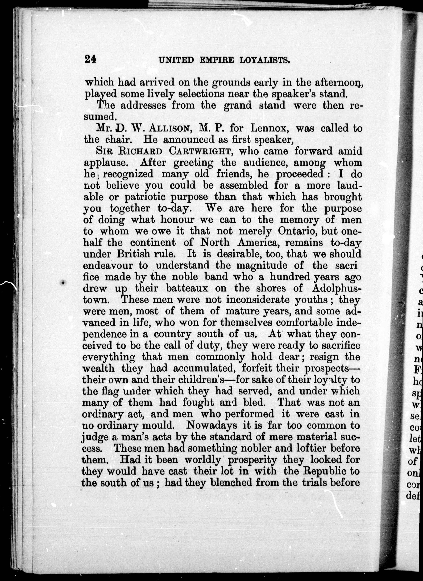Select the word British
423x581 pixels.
click(x=133, y=254)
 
